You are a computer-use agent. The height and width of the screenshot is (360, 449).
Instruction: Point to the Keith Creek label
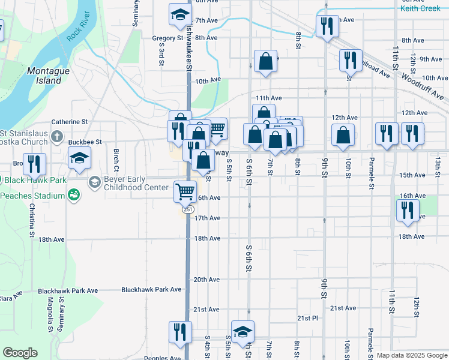tap(420, 8)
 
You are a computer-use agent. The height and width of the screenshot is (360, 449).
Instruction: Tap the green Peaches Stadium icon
tap(73, 195)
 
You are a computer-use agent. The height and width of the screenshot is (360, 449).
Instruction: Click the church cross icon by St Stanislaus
tap(56, 136)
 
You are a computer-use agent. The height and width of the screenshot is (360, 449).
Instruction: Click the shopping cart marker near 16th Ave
tap(185, 191)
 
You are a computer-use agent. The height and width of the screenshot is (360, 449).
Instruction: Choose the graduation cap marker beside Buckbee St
tap(79, 158)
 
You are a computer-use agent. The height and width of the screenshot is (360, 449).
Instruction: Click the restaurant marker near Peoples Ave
tap(179, 331)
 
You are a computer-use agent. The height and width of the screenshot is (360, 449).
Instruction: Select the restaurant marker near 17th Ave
tap(408, 210)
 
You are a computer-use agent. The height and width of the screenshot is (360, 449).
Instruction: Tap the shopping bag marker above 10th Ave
tap(265, 61)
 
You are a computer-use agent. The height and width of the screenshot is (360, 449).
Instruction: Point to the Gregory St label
tap(167, 38)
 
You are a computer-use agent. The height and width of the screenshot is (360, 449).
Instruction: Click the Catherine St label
tap(70, 121)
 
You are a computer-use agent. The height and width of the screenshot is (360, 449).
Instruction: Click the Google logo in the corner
tap(20, 353)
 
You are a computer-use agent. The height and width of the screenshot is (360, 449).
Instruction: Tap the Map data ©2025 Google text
tap(411, 355)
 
